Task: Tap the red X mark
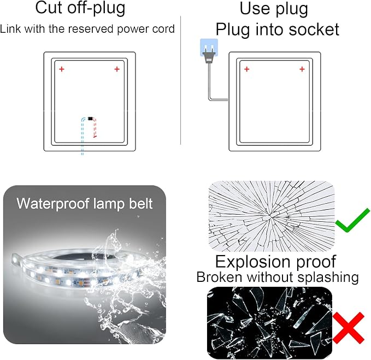[x=349, y=328]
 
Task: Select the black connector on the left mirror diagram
[x=90, y=118]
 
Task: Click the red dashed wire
[x=95, y=128]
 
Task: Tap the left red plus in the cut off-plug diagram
[x=62, y=69]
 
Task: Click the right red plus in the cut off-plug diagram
[x=117, y=69]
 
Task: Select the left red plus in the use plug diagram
[x=247, y=69]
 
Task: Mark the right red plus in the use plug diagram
[x=302, y=69]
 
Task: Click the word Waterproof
[x=52, y=204]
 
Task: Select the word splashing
[x=328, y=278]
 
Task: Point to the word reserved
[x=91, y=29]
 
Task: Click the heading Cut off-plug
[x=80, y=9]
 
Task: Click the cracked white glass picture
[x=272, y=216]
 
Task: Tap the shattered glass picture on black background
[x=269, y=323]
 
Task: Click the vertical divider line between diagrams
[x=181, y=80]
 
